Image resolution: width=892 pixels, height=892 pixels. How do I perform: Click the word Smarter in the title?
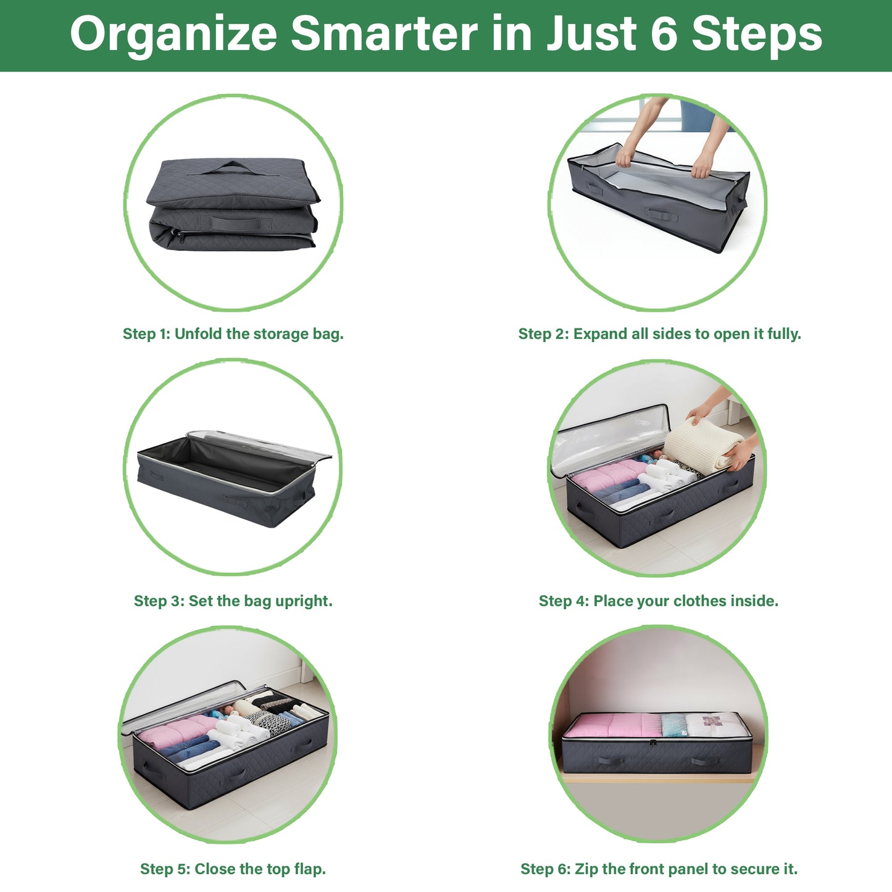(x=384, y=34)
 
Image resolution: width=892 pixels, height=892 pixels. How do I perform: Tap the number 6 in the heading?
(x=664, y=34)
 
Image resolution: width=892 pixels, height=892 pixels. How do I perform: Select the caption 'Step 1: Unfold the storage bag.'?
(x=233, y=334)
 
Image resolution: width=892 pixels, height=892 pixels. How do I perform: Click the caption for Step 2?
(x=659, y=334)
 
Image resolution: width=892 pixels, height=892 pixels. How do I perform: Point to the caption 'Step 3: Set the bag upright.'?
(x=233, y=601)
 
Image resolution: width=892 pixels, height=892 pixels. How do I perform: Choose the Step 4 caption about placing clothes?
(x=658, y=601)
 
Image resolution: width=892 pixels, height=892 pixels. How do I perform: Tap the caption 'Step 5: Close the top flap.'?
(x=233, y=869)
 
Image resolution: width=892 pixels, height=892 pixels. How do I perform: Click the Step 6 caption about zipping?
(x=659, y=869)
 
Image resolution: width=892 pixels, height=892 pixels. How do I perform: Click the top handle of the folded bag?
(x=233, y=167)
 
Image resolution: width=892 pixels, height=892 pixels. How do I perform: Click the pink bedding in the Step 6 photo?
(x=611, y=725)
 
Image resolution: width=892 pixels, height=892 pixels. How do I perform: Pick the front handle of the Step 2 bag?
(x=661, y=215)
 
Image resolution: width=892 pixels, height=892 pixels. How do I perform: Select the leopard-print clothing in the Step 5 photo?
(x=272, y=721)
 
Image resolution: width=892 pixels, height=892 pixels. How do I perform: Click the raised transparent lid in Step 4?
(x=608, y=435)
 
